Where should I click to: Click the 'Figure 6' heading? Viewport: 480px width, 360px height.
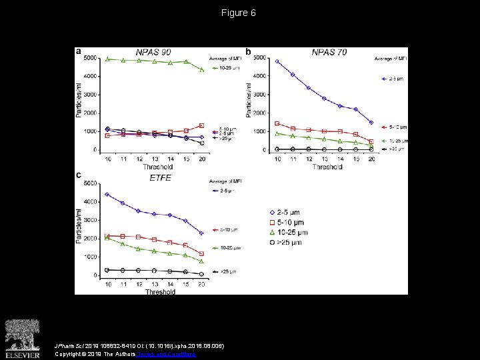(x=239, y=13)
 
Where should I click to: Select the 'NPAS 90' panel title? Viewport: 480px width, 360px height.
(x=153, y=52)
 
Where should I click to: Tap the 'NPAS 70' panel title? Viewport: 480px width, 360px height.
(x=329, y=52)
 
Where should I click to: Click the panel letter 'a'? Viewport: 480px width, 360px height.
(x=79, y=51)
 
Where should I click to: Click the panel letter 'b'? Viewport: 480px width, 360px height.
(x=249, y=51)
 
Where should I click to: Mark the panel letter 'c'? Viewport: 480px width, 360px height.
(x=79, y=175)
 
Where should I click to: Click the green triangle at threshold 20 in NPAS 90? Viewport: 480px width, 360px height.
(x=202, y=70)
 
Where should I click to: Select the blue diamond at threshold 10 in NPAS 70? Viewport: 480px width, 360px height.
(x=277, y=61)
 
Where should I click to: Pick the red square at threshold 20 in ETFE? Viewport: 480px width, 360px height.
(x=202, y=254)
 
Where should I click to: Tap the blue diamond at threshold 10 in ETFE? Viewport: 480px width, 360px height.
(x=107, y=195)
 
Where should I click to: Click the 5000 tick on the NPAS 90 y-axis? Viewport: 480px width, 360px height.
(x=90, y=59)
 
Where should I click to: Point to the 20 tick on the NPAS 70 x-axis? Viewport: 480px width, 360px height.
(x=371, y=159)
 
